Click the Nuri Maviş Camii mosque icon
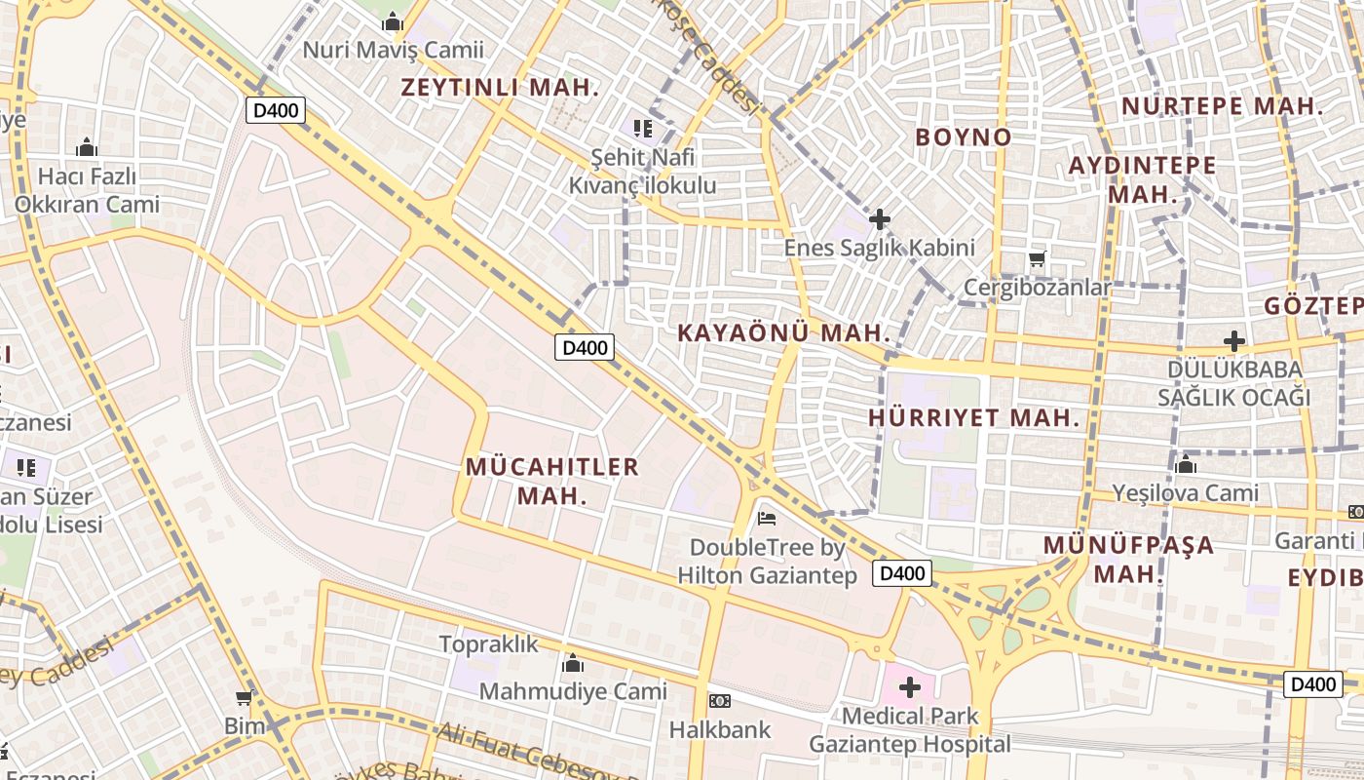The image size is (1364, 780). pos(393,20)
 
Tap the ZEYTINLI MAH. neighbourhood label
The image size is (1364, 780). pos(501,87)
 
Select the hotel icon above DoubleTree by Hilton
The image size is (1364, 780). pos(767,518)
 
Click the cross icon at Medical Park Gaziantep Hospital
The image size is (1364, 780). pos(909,687)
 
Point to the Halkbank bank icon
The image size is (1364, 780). pos(720,701)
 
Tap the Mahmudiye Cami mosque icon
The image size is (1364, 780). pos(573,664)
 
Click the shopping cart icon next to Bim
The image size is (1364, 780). pos(244,698)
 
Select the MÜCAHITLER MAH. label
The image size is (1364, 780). pos(552,481)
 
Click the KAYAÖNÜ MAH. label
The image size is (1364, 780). pos(784,332)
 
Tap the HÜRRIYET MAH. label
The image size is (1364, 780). pos(974,418)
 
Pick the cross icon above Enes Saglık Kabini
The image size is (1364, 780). pos(879,219)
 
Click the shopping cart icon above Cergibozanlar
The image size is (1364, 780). pos(1037,259)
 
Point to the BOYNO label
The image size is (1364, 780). pos(963,136)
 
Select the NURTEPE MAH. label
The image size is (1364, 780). pos(1222,106)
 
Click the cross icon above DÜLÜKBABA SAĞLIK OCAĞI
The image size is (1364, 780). pos(1233,341)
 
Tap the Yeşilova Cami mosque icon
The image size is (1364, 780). pos(1186,464)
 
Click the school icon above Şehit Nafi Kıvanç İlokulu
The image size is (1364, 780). pos(642,128)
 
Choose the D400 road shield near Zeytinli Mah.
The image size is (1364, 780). pos(276,110)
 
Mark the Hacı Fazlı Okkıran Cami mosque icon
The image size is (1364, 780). pos(86,147)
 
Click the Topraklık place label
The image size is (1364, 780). pos(488,643)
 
